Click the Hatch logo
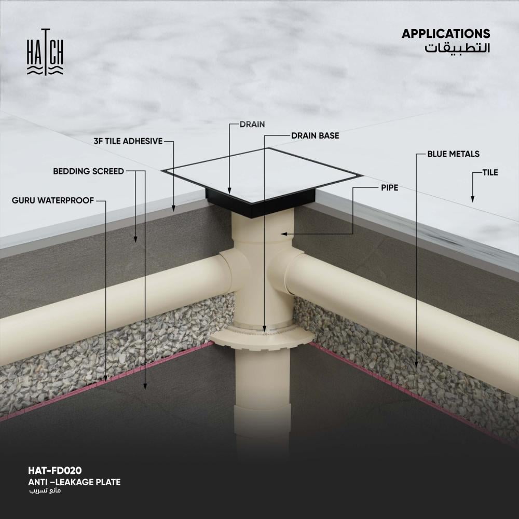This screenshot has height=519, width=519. pos(45,52)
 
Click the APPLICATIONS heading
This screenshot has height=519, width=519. pos(445,34)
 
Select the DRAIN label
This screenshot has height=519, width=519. pos(252,125)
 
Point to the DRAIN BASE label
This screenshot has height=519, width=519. pos(315,136)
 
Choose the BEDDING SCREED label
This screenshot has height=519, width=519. pos(88,171)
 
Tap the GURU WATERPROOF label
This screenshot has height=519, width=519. pos(53,200)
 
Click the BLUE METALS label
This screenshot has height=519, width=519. pos(453,154)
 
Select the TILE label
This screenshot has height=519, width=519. pos(490,172)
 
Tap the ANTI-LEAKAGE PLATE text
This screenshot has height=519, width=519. pos(74,482)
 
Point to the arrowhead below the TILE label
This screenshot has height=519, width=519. pos(472,198)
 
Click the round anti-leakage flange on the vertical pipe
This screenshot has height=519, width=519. pos(264,338)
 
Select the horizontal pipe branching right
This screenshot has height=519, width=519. pos(405,306)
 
